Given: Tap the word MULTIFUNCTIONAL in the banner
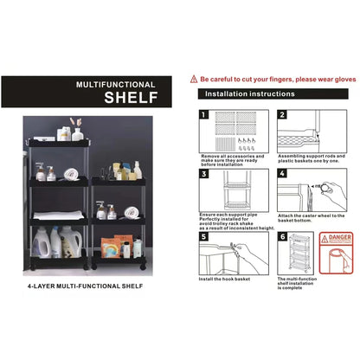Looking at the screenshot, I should click(115, 85).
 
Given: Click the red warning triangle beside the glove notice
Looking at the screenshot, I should click(194, 78).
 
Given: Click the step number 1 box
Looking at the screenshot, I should click(203, 114).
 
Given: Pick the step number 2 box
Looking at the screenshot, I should click(282, 114).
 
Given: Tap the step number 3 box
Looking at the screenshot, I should click(203, 175).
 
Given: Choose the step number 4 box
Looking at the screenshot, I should click(282, 175).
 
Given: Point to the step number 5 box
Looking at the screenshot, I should click(203, 235).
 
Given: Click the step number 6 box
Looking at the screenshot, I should click(282, 235).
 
